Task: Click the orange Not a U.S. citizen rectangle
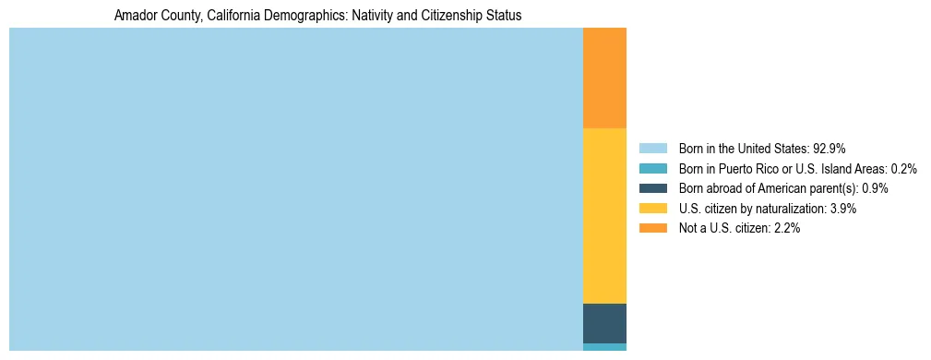604,78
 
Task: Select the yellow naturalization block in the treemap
604,216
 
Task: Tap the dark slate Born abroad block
604,323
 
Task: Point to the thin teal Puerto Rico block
604,347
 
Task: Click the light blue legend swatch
652,148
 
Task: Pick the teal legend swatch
652,168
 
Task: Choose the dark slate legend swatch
652,188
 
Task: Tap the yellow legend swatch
652,209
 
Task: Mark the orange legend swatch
652,228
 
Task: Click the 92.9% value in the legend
829,148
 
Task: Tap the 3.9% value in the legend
843,209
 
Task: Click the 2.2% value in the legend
786,228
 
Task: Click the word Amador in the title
134,16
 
